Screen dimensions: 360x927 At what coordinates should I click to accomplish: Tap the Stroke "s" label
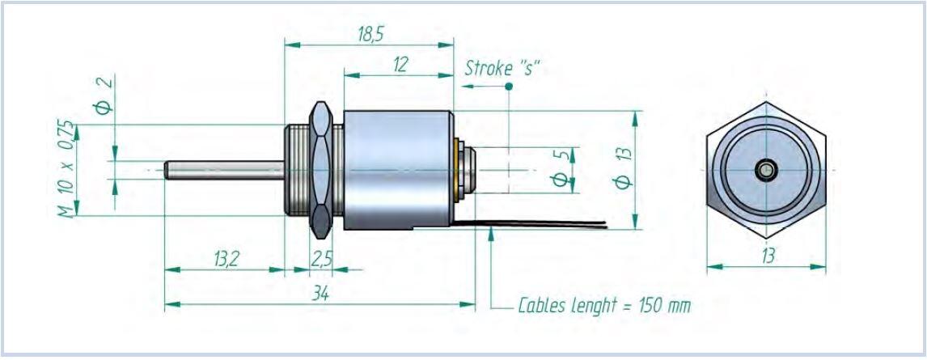click(502, 68)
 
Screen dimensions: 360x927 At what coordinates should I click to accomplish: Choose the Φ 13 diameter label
click(623, 168)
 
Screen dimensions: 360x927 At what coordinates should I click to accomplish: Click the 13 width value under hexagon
click(767, 256)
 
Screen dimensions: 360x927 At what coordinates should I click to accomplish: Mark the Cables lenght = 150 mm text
click(605, 307)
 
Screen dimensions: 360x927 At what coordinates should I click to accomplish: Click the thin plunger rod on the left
click(226, 170)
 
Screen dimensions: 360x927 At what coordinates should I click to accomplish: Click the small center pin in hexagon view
click(766, 170)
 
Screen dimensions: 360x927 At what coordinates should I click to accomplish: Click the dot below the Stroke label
click(509, 86)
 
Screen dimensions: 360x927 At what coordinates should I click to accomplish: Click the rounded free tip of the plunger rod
click(167, 170)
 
